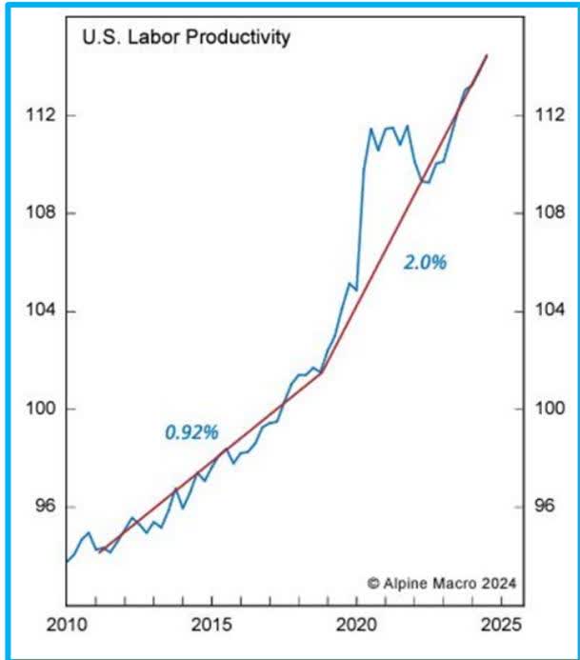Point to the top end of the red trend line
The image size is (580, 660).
click(487, 55)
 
